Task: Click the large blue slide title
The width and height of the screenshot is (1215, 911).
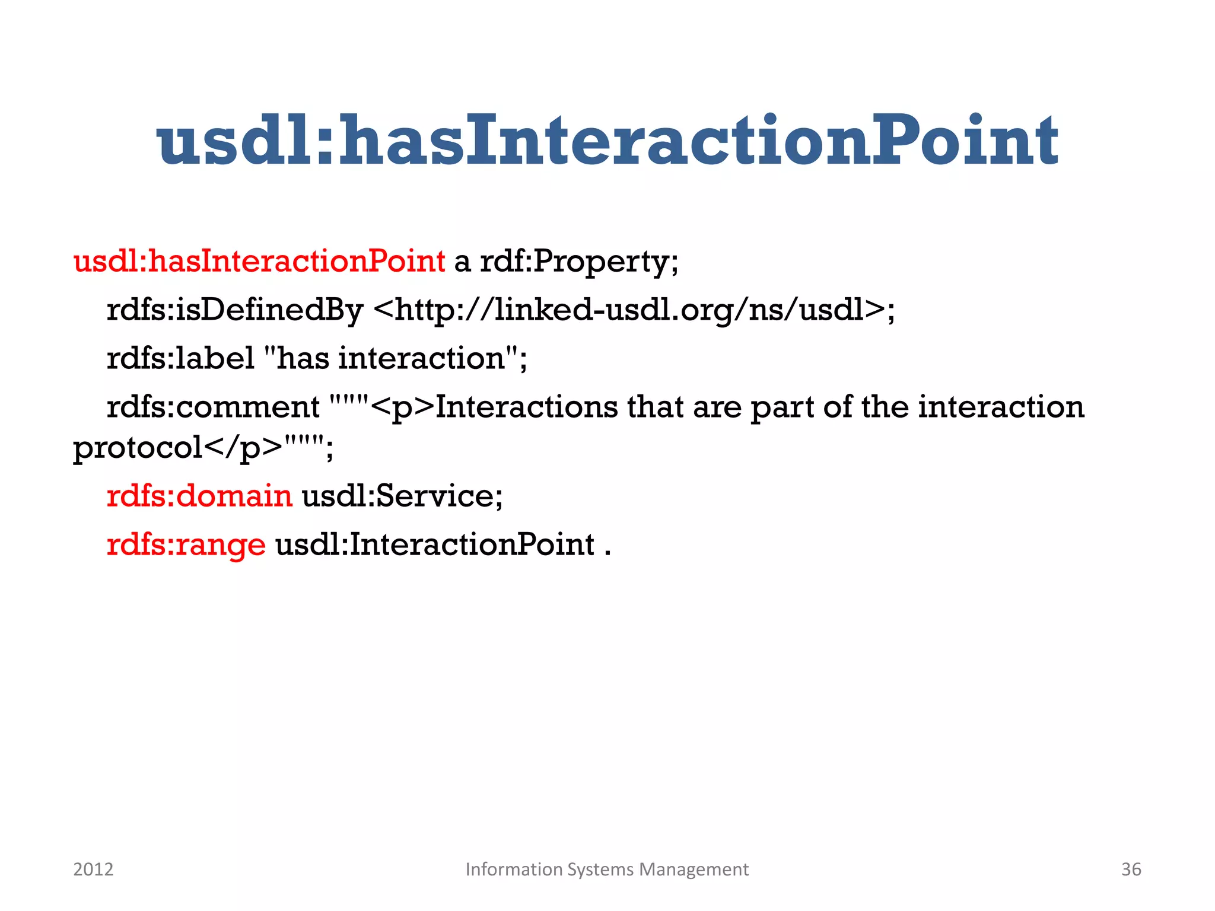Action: point(607,141)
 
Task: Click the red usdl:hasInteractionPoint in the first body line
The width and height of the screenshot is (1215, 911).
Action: point(259,262)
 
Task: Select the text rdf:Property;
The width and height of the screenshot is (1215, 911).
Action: point(578,262)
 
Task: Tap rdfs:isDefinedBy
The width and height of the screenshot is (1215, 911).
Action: point(234,310)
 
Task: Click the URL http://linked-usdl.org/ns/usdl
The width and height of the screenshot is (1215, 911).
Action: point(629,310)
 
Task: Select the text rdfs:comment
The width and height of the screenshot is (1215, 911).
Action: point(213,407)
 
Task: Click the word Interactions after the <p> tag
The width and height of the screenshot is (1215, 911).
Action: point(526,407)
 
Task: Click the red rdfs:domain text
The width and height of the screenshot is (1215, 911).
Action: point(199,496)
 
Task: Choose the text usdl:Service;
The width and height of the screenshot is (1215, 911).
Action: point(402,496)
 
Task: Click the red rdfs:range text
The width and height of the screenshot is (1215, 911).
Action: point(186,544)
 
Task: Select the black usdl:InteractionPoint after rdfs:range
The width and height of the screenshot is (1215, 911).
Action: point(435,544)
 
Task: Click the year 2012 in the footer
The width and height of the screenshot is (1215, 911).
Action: point(93,869)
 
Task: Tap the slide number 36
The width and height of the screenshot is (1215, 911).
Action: point(1131,869)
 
